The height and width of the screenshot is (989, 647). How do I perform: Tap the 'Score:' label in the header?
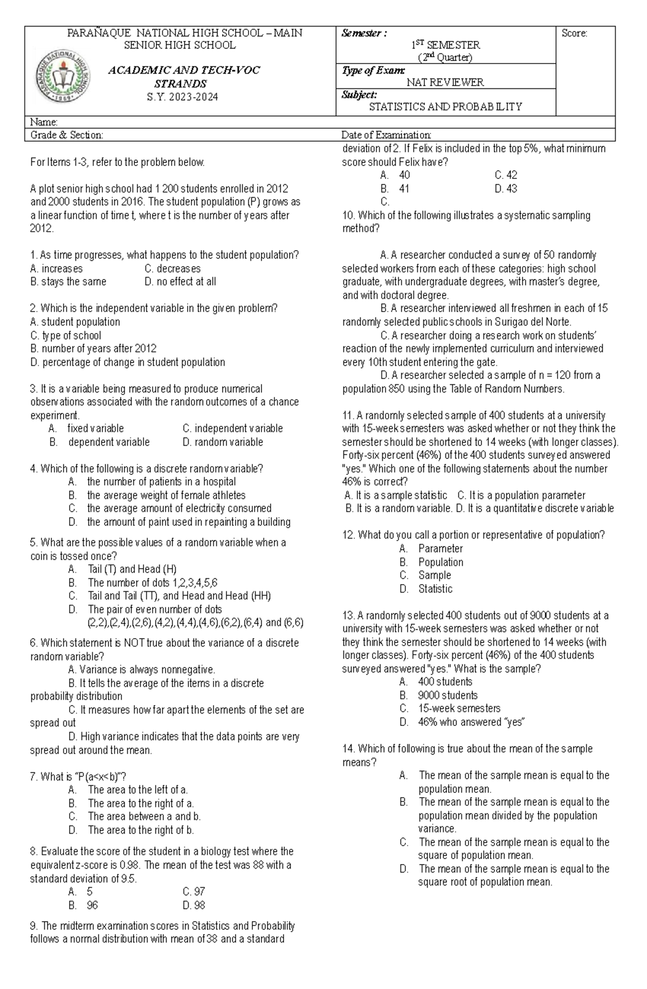574,33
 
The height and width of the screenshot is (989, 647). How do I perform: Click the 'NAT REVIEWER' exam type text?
445,82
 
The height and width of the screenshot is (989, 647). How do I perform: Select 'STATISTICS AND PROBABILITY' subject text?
445,107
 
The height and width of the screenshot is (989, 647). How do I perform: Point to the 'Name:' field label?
44,122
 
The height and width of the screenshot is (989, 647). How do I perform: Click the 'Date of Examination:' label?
386,135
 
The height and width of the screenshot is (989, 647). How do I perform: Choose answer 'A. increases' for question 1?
57,268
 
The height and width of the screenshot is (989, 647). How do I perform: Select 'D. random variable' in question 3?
223,442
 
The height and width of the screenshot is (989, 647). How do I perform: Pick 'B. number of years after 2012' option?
93,349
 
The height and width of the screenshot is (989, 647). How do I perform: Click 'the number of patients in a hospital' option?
161,482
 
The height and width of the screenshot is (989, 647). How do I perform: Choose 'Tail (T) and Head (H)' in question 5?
132,569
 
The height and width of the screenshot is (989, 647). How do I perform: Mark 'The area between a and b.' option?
144,817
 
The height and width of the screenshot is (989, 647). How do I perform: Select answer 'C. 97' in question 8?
194,892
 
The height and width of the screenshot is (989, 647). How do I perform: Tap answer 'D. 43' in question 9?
505,189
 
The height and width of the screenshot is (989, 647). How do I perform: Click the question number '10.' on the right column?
348,216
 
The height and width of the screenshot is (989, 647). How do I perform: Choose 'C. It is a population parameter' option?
521,495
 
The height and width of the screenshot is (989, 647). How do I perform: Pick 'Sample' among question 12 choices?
434,576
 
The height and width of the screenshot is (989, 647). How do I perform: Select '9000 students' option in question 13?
448,696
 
